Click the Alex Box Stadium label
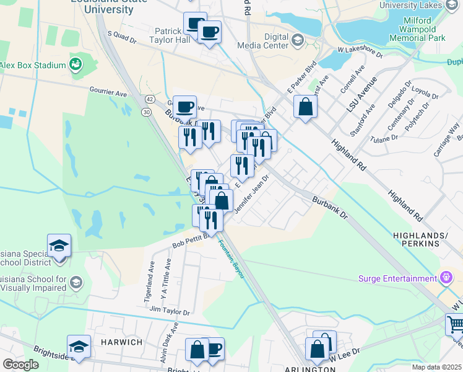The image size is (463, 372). (x=32, y=65)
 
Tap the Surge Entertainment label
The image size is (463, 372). (x=402, y=278)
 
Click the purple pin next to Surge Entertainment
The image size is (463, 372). (x=445, y=278)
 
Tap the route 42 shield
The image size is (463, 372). (x=150, y=99)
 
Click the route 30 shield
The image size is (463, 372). (x=146, y=112)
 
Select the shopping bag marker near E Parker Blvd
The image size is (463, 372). (x=306, y=106)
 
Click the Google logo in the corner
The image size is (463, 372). (x=20, y=365)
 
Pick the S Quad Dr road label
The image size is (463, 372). (x=121, y=37)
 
